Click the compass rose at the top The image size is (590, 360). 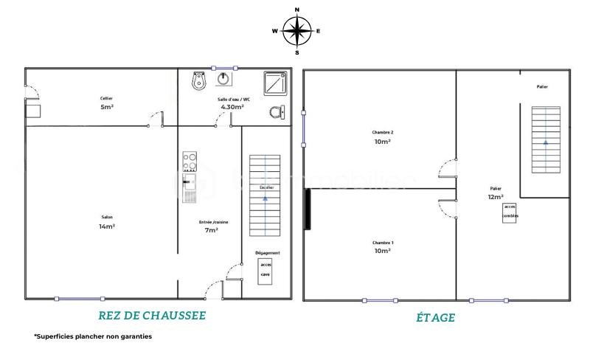click(x=296, y=31)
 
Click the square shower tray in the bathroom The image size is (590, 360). click(x=275, y=83)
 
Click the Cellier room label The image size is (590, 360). click(x=107, y=98)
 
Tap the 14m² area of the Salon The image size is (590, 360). click(x=107, y=226)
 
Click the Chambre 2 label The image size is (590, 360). click(x=382, y=132)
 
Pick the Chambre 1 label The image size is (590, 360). click(x=382, y=243)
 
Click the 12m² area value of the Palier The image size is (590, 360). click(x=496, y=197)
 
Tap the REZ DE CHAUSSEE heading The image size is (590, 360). click(x=152, y=316)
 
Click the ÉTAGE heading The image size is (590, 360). click(x=435, y=318)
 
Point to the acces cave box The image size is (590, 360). click(x=265, y=270)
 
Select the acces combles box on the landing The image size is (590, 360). click(x=510, y=212)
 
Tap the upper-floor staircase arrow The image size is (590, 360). click(x=546, y=140)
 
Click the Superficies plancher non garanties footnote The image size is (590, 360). click(x=93, y=336)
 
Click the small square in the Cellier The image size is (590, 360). click(x=32, y=110)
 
